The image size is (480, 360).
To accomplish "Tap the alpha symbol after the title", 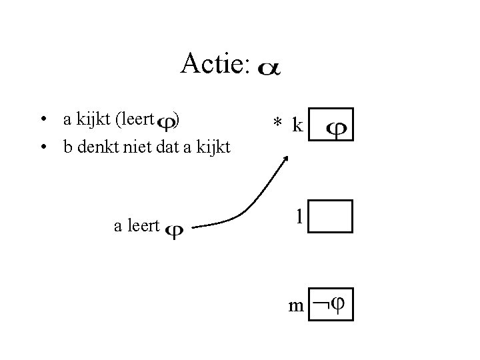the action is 269,69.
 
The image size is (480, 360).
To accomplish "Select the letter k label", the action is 297,124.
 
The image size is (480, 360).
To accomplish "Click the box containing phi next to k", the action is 332,125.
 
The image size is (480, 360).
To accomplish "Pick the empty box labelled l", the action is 331,216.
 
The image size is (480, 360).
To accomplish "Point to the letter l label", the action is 300,216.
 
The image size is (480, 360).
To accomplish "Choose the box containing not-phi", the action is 331,305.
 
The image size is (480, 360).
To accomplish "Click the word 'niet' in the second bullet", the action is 137,147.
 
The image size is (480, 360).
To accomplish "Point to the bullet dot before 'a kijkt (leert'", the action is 42,121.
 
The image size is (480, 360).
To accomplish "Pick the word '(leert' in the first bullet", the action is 135,120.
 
